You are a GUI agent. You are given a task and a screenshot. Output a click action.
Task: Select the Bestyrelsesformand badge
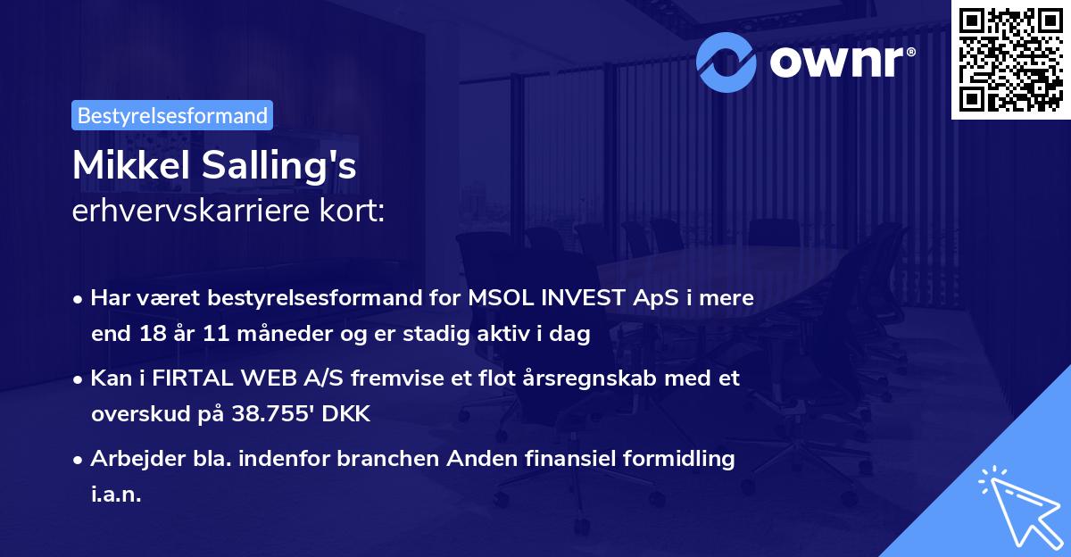(x=172, y=115)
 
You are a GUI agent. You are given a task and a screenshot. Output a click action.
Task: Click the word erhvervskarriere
(x=179, y=212)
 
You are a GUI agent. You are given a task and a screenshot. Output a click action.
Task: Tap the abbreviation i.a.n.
(x=116, y=495)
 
